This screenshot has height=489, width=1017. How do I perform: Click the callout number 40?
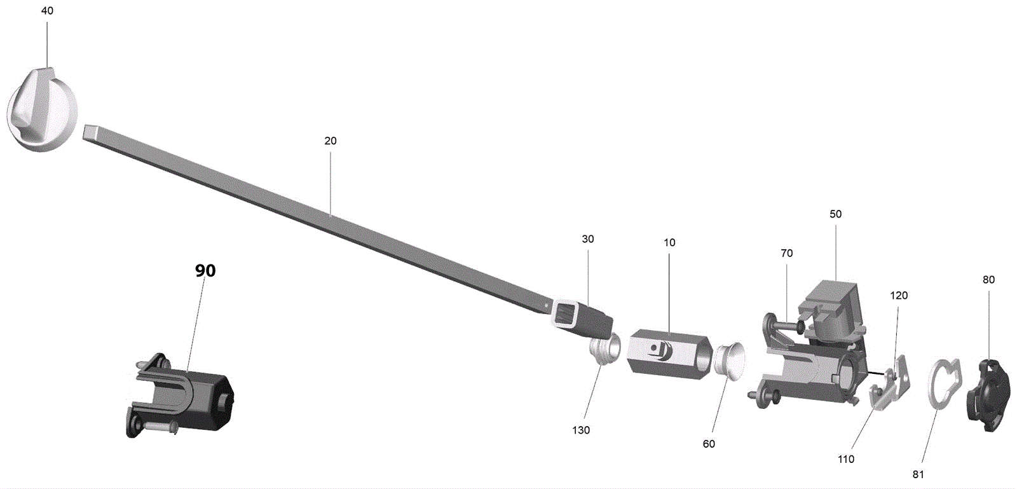(47, 11)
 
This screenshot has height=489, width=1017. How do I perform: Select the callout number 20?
(331, 141)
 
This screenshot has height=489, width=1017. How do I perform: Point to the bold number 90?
(205, 271)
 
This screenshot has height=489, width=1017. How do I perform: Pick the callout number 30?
(587, 239)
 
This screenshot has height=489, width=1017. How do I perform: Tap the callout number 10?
(669, 243)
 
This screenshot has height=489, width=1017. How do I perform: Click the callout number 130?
(581, 430)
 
